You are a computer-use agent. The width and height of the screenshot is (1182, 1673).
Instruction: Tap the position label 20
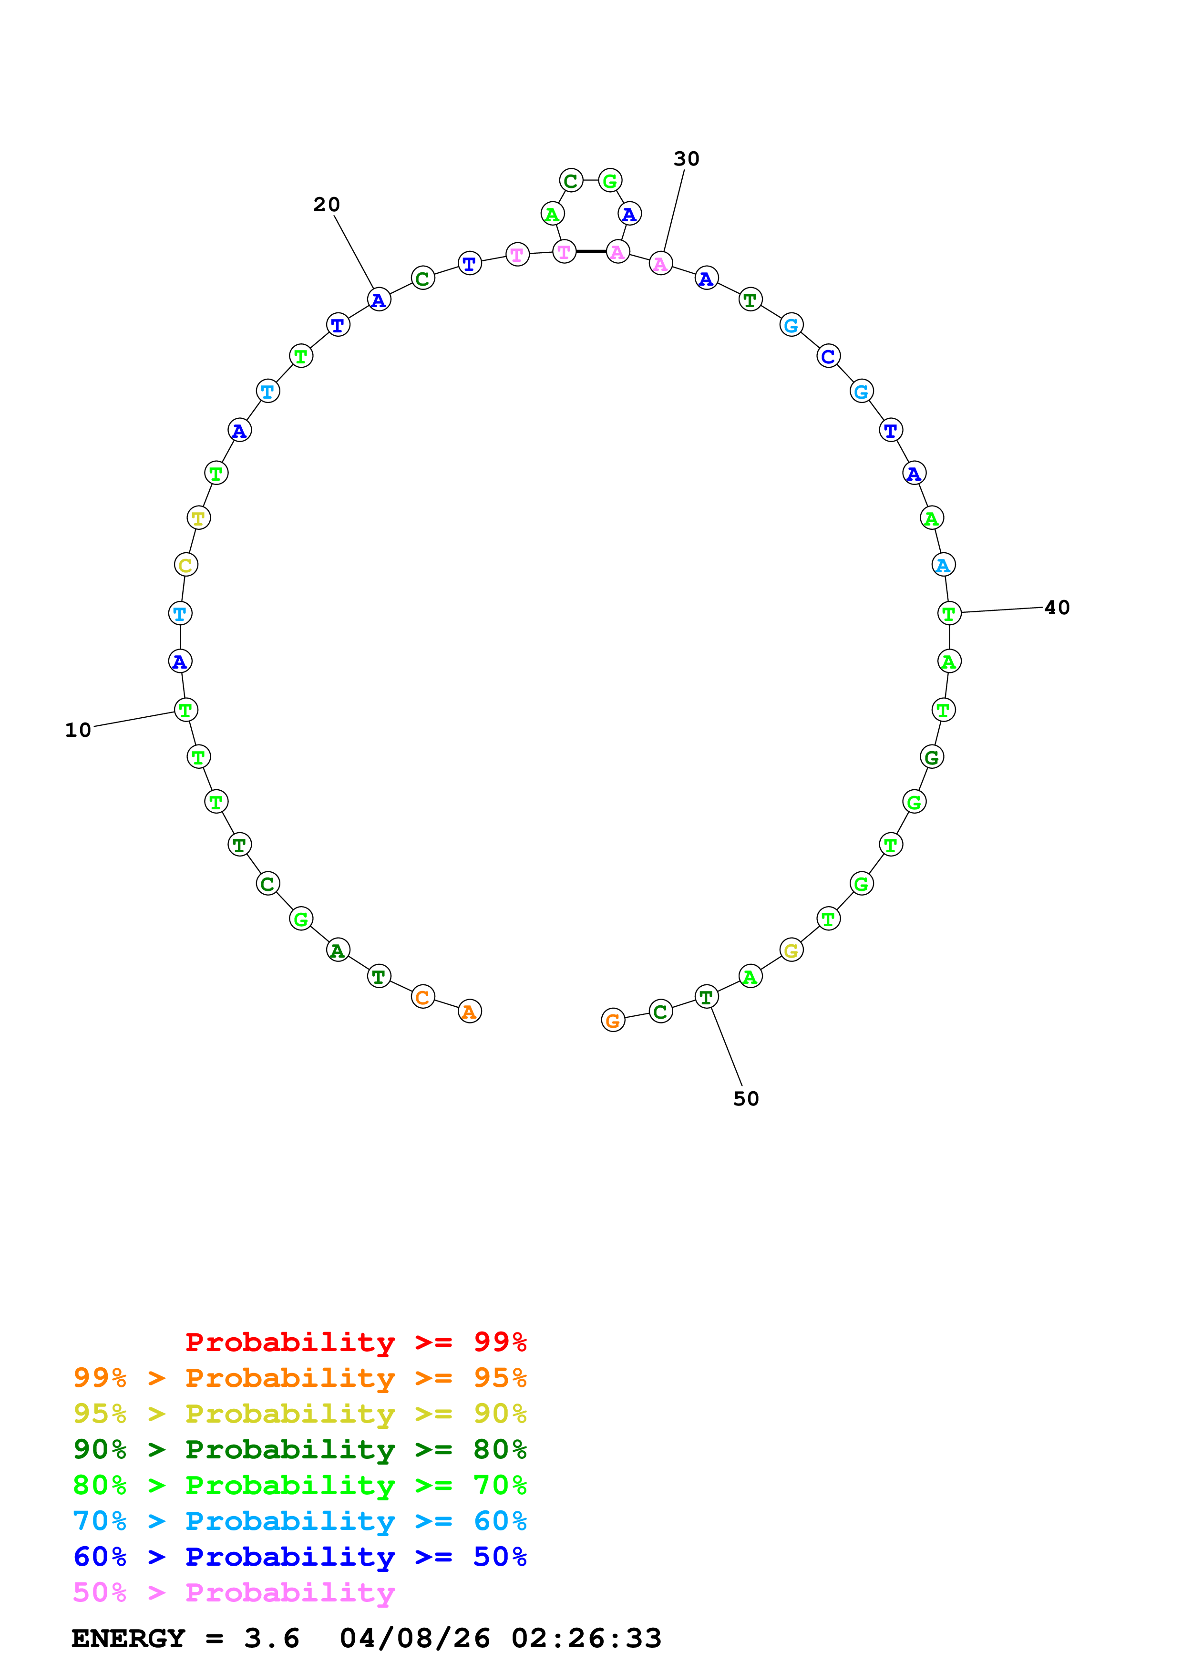click(326, 205)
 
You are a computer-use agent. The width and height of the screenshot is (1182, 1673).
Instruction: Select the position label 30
click(686, 159)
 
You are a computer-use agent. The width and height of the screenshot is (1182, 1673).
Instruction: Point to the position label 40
click(1057, 608)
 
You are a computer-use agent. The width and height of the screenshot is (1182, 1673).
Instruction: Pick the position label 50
click(746, 1099)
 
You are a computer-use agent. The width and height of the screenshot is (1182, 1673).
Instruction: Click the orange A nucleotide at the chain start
click(470, 1012)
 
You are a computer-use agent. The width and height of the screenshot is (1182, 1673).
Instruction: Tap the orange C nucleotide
click(422, 997)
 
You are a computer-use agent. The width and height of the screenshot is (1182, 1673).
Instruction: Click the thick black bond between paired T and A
click(591, 251)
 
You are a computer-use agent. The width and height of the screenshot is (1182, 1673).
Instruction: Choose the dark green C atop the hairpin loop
click(571, 181)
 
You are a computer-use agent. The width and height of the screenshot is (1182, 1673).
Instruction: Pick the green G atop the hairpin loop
click(609, 181)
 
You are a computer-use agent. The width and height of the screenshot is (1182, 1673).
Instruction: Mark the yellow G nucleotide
click(791, 950)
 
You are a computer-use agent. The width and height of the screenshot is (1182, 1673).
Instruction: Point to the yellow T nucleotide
click(198, 518)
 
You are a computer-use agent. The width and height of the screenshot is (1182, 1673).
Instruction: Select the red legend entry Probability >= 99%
click(355, 1342)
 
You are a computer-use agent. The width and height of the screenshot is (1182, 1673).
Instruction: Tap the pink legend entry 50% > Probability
click(233, 1593)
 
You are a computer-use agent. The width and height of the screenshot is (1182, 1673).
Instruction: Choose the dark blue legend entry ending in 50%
click(299, 1557)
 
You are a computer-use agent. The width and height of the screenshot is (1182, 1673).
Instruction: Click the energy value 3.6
click(272, 1639)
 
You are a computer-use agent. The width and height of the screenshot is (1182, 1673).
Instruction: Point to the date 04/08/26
click(414, 1639)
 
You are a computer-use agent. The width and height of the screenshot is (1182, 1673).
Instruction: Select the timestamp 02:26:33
click(586, 1639)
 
